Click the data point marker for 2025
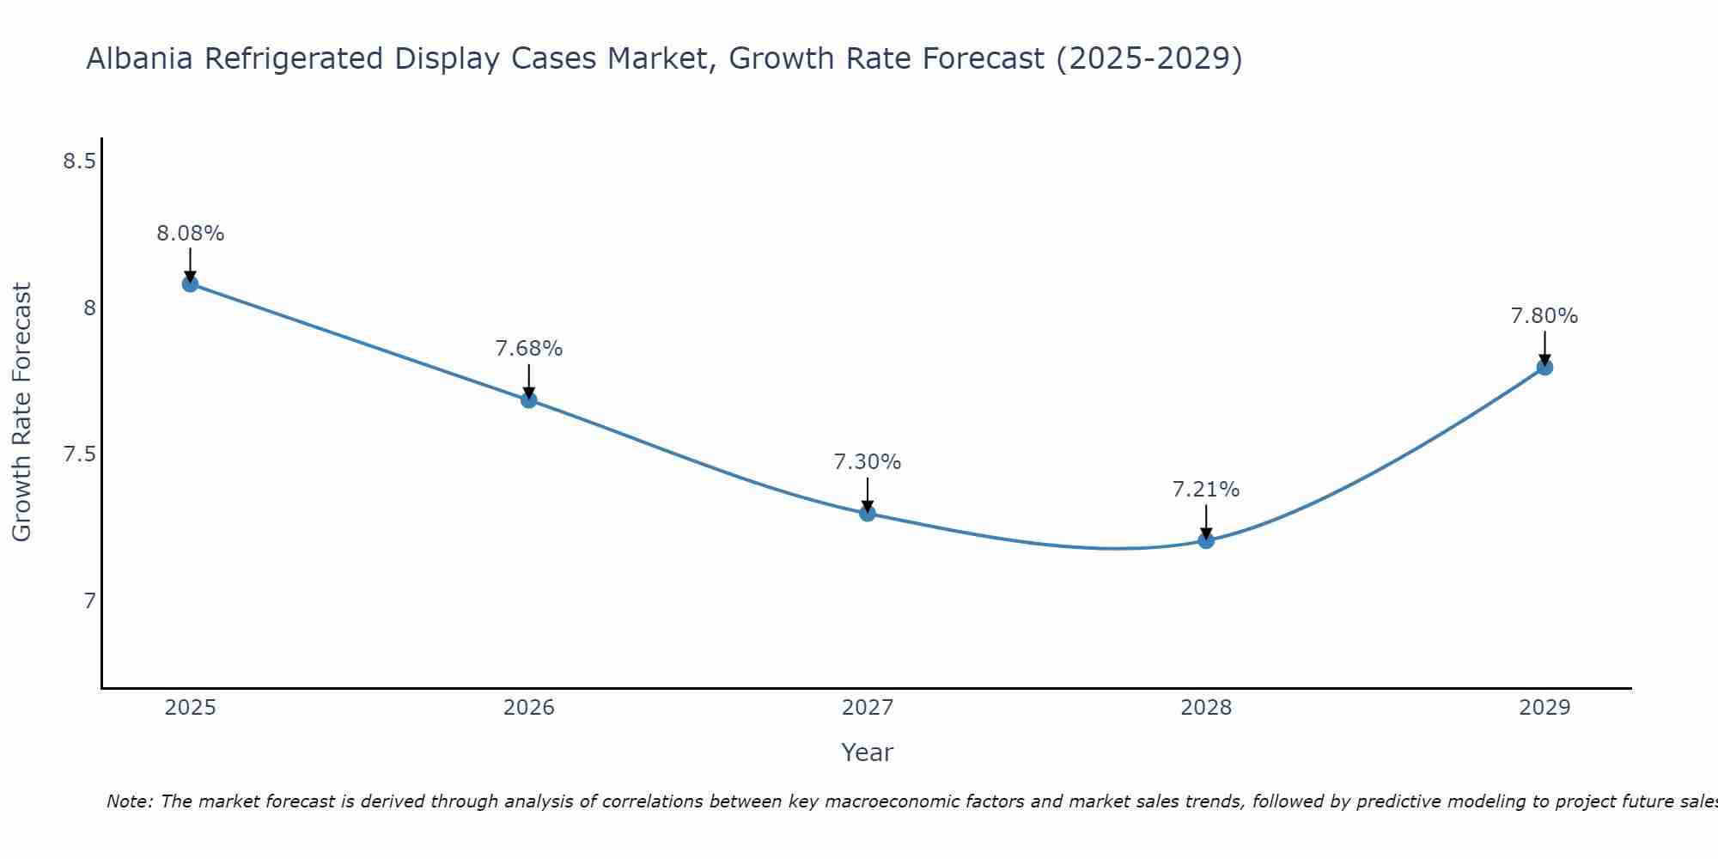(191, 283)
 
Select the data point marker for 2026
(529, 399)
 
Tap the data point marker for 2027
(868, 513)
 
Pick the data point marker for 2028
(1206, 540)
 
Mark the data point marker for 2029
(1544, 367)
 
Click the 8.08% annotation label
(191, 234)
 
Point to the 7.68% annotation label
(529, 349)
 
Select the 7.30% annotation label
(868, 462)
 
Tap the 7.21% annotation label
(1206, 490)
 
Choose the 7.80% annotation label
(1544, 316)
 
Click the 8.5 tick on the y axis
(79, 161)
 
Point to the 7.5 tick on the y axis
(79, 454)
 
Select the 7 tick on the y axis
(89, 600)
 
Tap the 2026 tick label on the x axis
(529, 708)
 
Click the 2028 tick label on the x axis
(1206, 708)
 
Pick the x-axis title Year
(868, 752)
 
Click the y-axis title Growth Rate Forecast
(22, 412)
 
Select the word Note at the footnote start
(129, 801)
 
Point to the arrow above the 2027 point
(868, 495)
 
